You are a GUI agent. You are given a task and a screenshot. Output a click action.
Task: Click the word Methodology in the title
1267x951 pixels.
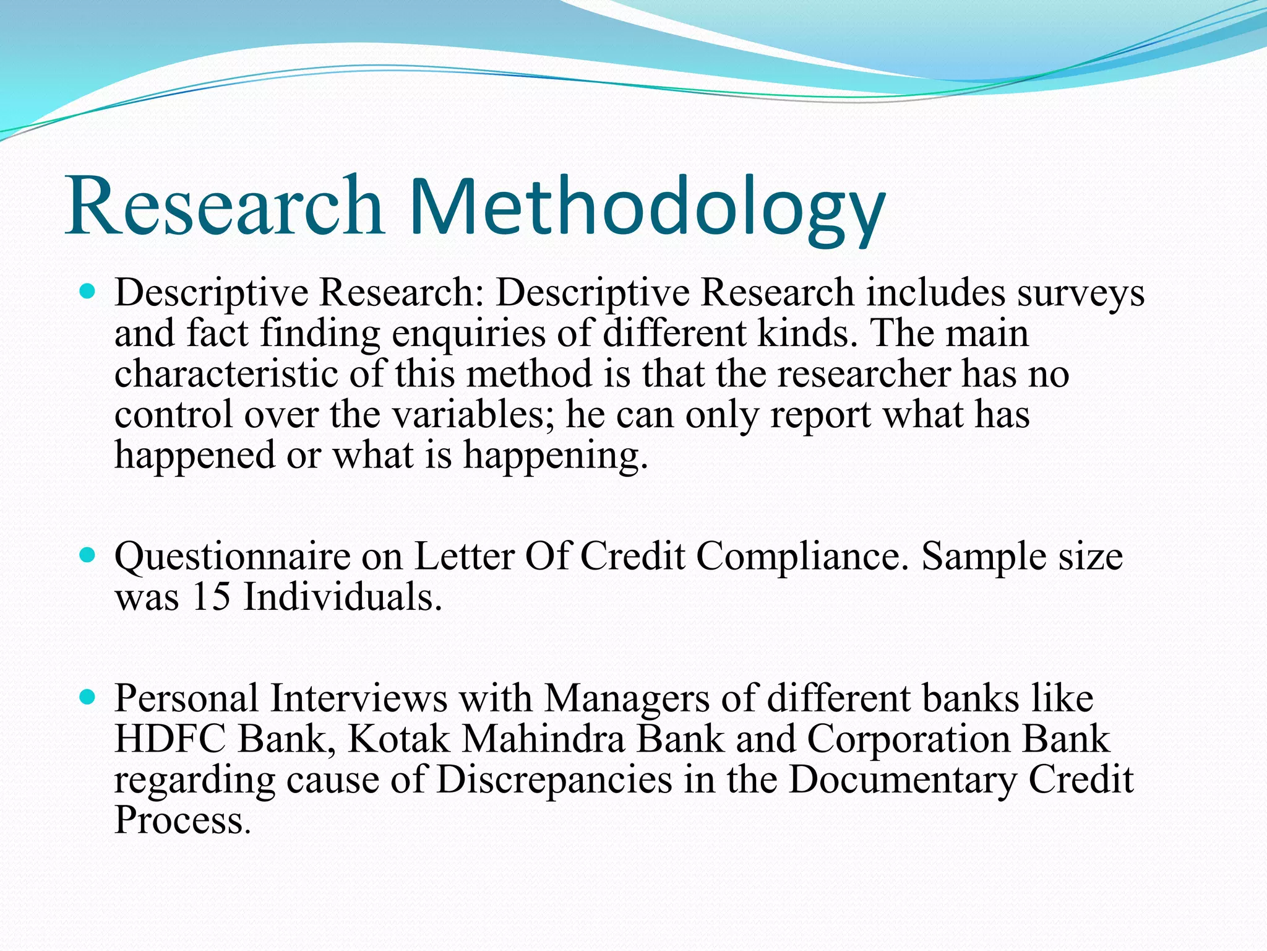click(646, 207)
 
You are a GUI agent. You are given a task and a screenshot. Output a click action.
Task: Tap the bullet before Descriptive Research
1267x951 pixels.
click(88, 290)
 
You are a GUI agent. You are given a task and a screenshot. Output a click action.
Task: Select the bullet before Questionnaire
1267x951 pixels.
click(88, 554)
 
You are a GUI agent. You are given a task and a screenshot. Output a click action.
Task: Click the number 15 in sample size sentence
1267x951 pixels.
click(211, 597)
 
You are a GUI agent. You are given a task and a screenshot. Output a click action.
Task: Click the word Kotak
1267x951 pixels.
click(399, 739)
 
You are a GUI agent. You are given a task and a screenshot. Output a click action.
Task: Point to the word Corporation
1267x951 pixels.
click(908, 739)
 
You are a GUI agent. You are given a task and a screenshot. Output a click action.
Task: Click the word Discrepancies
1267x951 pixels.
click(554, 779)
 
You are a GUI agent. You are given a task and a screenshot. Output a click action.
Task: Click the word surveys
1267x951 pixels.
click(1081, 293)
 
